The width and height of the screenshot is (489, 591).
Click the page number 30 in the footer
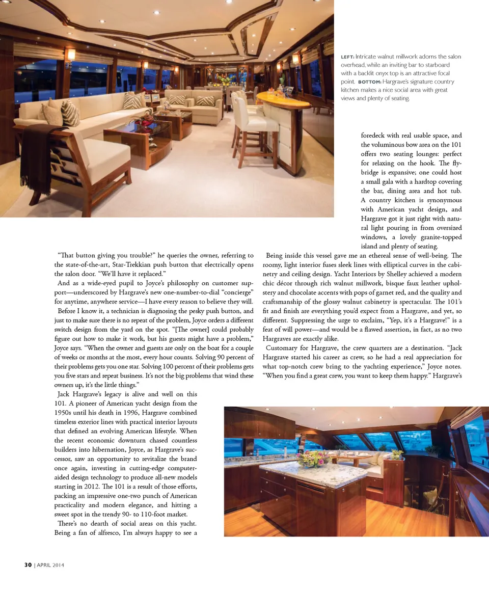point(29,565)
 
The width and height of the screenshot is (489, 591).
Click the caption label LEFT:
point(347,57)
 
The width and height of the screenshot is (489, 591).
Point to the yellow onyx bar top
point(283,99)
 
